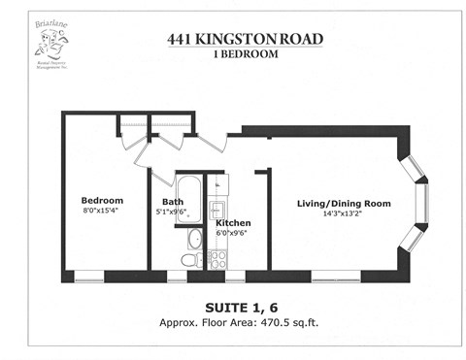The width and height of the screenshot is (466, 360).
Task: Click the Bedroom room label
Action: [102, 201]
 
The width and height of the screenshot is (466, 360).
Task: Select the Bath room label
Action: [173, 202]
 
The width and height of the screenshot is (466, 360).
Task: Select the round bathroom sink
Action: [194, 237]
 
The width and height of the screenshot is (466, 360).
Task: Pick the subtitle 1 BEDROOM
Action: [232, 54]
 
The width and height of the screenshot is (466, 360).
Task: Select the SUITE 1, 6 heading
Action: [232, 307]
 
